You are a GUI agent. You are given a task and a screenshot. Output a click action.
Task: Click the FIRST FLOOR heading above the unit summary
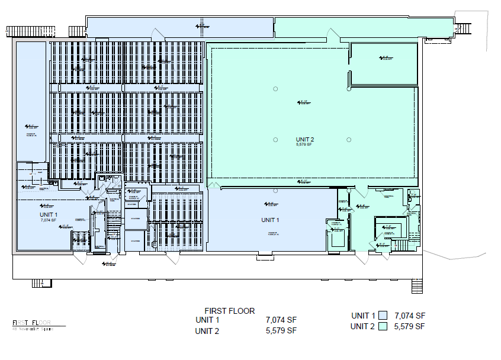click(229, 311)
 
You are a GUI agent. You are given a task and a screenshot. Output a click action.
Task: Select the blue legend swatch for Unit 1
click(383, 316)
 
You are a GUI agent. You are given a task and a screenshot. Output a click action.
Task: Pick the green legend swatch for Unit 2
click(383, 326)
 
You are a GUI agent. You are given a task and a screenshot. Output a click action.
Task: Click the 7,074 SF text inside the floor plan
click(48, 220)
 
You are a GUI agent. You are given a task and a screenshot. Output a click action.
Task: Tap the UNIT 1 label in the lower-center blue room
click(269, 220)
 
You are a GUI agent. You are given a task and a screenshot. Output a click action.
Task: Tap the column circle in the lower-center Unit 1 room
click(275, 191)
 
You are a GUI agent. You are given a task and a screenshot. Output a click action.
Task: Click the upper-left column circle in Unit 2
click(275, 89)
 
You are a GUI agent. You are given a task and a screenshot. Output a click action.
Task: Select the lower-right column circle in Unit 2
click(349, 139)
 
